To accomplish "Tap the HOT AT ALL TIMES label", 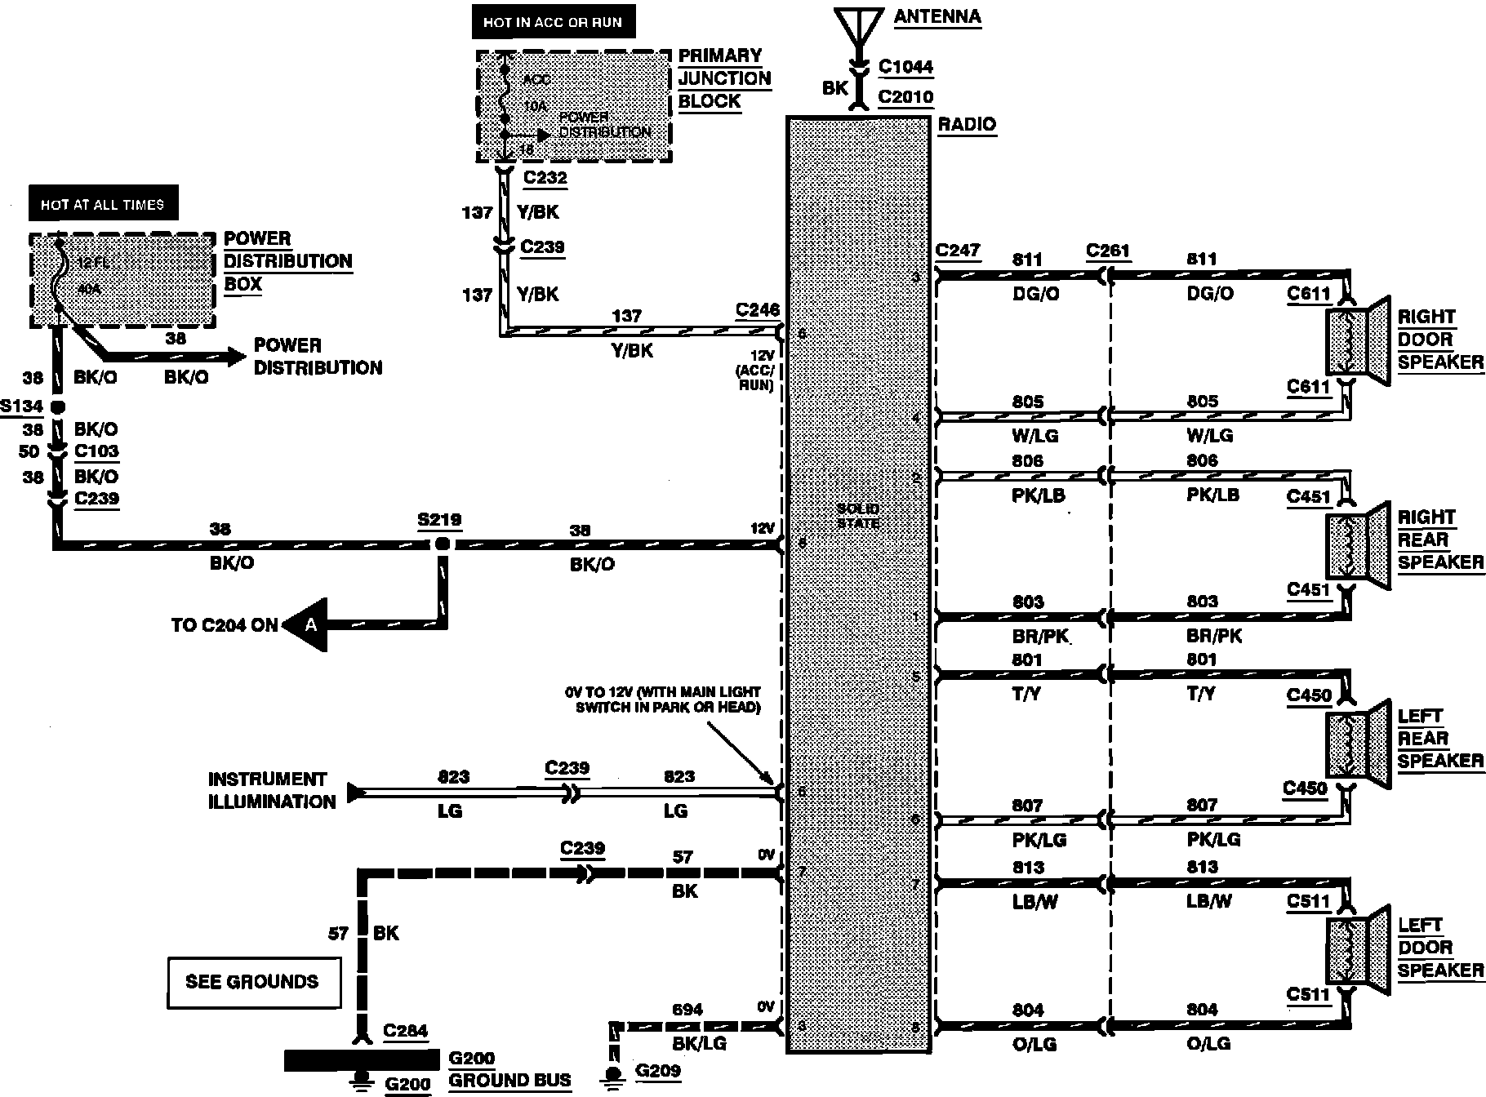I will point(102,205).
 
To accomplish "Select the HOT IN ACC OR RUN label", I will point(553,23).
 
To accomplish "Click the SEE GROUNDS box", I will point(253,982).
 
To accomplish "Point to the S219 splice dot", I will point(442,544).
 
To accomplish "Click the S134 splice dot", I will point(58,406).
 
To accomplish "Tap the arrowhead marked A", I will point(309,625).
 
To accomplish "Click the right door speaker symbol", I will point(1356,340).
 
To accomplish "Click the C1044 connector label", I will point(905,67).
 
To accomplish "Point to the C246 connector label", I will point(757,310).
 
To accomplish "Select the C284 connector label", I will point(405,1031).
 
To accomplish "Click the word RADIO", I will point(967,125).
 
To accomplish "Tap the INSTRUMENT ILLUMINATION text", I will point(271,790).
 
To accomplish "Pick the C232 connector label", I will point(545,178).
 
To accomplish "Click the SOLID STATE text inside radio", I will point(857,516).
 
